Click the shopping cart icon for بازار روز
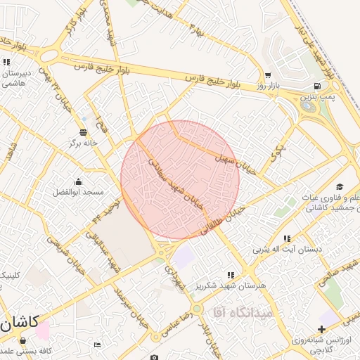268,75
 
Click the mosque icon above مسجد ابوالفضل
78,181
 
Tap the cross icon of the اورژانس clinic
321,329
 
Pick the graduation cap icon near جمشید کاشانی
340,187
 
